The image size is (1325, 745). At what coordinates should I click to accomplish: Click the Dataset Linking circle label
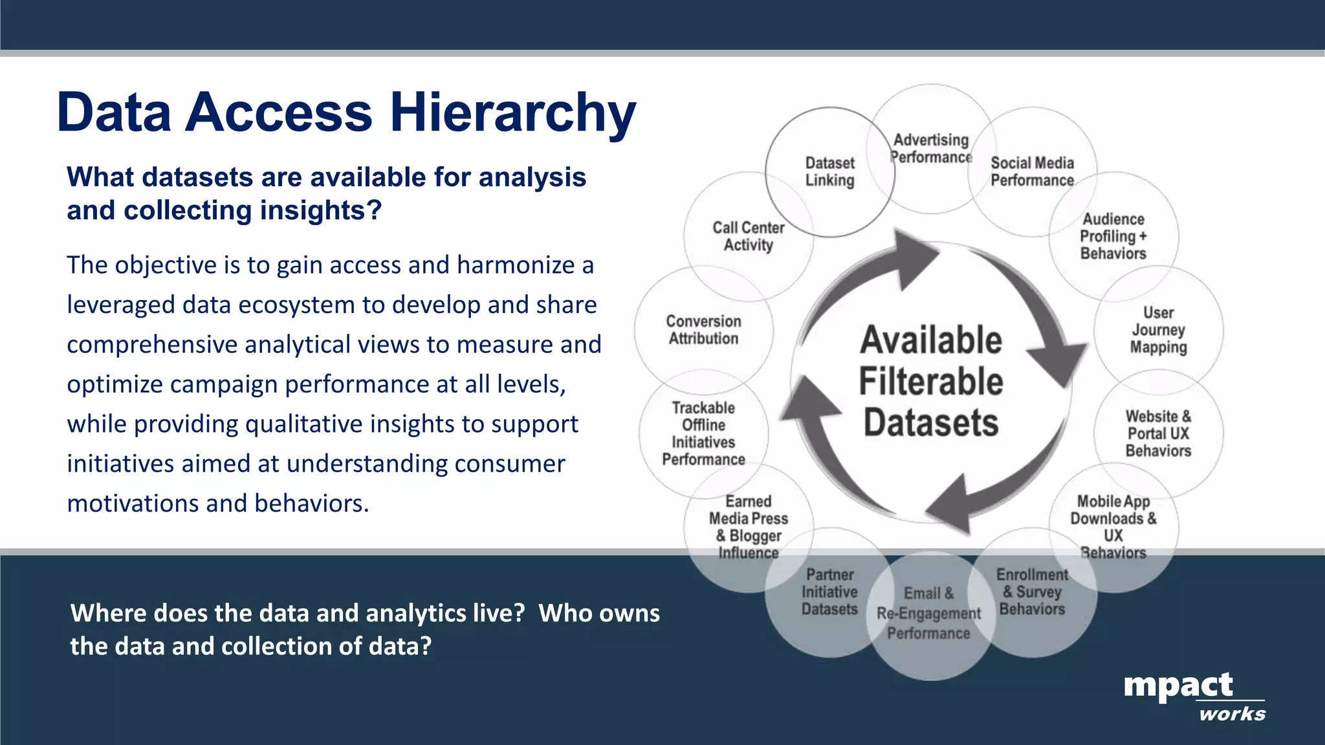tap(830, 172)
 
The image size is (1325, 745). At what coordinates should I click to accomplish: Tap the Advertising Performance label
tap(931, 149)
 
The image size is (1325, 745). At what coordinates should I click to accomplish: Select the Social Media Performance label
tap(1032, 172)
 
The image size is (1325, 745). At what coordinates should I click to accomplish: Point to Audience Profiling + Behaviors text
tap(1113, 237)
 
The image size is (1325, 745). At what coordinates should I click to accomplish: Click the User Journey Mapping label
tap(1158, 330)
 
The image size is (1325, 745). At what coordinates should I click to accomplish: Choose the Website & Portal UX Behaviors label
tap(1158, 433)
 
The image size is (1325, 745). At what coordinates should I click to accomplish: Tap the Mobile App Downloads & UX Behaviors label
tap(1113, 526)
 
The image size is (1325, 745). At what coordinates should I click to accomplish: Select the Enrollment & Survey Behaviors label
tap(1032, 592)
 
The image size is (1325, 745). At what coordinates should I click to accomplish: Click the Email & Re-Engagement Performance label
tap(928, 613)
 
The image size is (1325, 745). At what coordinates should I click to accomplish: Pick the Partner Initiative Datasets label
tap(829, 592)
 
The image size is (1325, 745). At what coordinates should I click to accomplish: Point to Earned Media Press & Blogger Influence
tap(749, 526)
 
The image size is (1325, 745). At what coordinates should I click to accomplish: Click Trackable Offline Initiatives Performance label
tap(703, 433)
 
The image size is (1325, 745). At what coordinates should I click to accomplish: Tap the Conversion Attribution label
tap(703, 330)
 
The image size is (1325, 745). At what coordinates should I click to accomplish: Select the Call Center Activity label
tap(749, 237)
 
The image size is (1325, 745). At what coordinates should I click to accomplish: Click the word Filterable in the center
tap(931, 382)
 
